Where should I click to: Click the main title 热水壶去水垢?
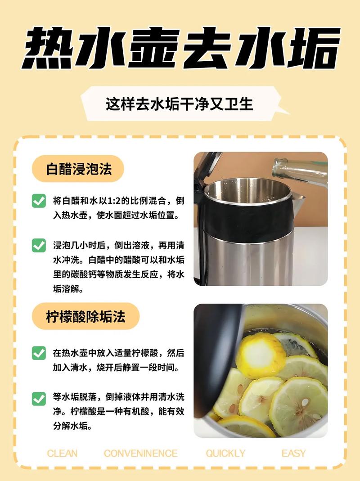click(x=180, y=49)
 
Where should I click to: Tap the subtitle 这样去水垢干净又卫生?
click(x=180, y=104)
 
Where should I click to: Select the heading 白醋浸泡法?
click(x=79, y=169)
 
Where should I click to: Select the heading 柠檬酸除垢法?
click(x=85, y=316)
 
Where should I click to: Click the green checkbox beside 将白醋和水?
click(x=39, y=201)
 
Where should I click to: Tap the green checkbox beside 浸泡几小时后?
click(x=39, y=245)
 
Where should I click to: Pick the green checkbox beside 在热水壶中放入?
click(x=39, y=353)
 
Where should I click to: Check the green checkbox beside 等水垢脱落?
click(x=39, y=398)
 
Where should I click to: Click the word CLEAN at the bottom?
click(x=62, y=453)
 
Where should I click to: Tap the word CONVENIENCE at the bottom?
click(x=140, y=453)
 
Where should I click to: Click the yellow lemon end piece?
click(x=261, y=355)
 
